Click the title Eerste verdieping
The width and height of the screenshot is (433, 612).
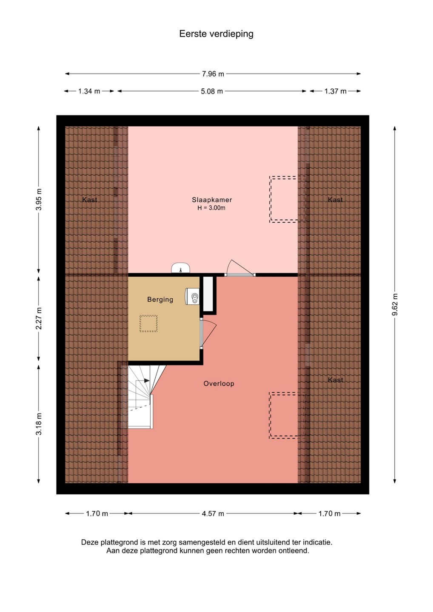point(216,34)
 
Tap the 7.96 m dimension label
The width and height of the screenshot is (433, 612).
point(213,74)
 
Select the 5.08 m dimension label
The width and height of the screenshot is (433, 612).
point(212,91)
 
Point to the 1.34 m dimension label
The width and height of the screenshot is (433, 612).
point(89,91)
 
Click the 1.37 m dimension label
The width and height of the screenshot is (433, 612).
point(336,91)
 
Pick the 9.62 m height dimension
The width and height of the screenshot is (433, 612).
point(395,304)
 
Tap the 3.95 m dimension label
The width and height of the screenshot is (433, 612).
point(39,199)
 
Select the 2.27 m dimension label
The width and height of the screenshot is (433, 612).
point(39,318)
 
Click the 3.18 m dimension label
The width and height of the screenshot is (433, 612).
point(39,424)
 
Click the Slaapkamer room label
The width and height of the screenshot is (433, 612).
point(212,200)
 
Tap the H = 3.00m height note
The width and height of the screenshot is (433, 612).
point(211,208)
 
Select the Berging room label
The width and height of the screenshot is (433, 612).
point(160,300)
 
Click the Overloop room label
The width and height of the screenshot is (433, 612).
point(219,384)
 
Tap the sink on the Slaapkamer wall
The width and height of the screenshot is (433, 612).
point(180,268)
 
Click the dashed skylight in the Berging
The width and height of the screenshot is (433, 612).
point(148,323)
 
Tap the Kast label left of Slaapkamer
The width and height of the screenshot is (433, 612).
point(90,200)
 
